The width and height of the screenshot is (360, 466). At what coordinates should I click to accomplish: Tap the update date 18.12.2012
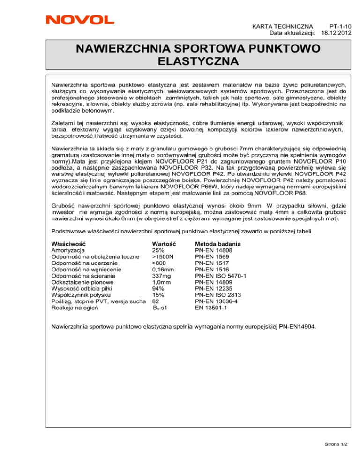pyautogui.click(x=337, y=34)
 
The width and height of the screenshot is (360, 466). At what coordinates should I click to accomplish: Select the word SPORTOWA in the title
pyautogui.click(x=197, y=49)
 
